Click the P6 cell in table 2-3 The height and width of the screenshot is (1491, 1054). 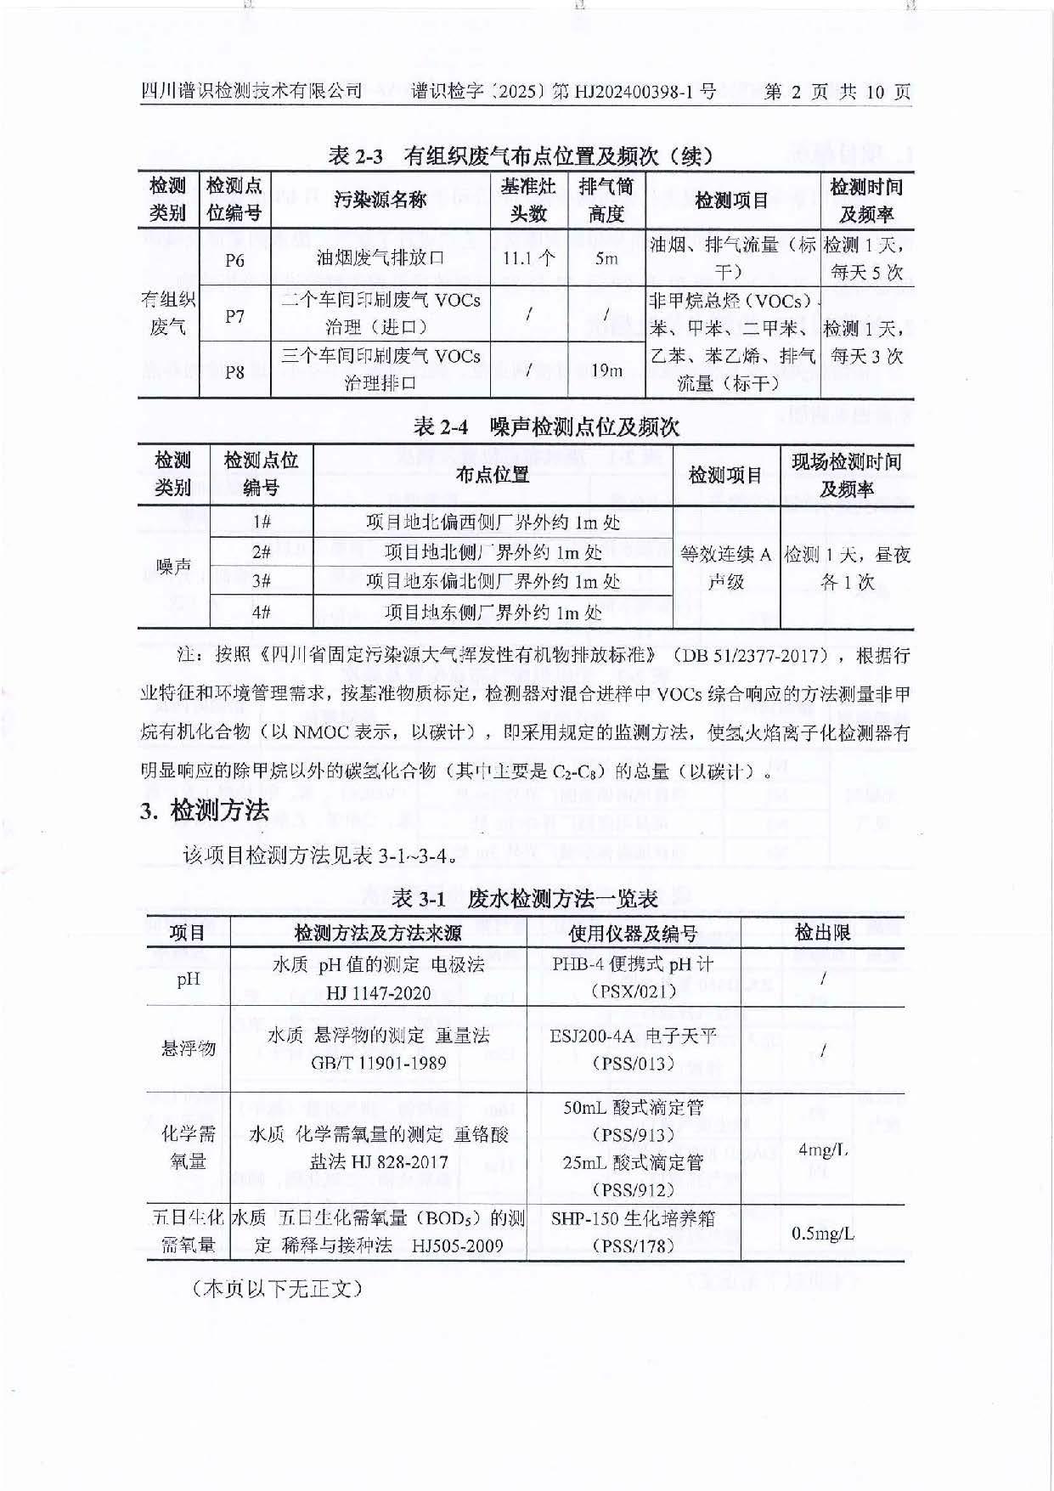point(234,259)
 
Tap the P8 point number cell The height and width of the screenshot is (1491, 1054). point(234,371)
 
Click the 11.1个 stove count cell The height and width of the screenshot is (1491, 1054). point(528,257)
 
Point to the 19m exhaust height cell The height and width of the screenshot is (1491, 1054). point(606,370)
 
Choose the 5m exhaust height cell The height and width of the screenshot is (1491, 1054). point(606,257)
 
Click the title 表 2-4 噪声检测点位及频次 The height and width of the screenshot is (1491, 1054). point(546,426)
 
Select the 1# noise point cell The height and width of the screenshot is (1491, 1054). point(261,522)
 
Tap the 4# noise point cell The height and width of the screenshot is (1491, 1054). point(261,612)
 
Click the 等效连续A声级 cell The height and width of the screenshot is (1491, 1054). point(726,568)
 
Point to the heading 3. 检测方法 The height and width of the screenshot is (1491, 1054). point(205,810)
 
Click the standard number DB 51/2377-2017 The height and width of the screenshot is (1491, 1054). point(749,655)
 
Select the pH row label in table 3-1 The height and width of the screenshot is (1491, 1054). point(188,979)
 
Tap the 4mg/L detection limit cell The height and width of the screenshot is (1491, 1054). point(822,1149)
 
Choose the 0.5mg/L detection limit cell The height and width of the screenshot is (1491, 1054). point(822,1233)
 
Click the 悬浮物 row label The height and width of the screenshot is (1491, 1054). point(188,1048)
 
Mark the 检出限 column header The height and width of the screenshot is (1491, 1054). point(822,933)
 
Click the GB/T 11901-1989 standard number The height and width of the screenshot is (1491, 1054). point(379,1063)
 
